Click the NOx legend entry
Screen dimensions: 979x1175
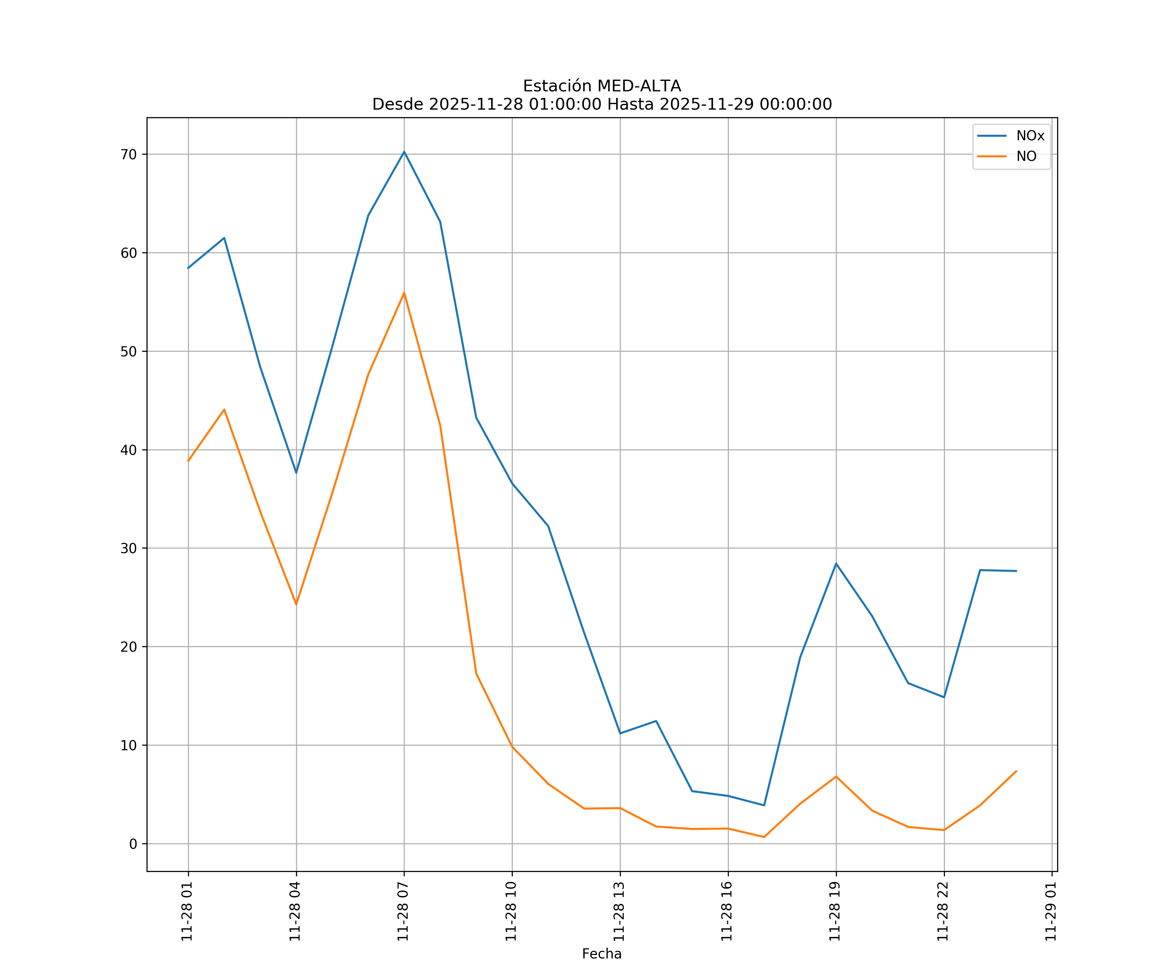1029,136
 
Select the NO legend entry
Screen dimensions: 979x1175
1026,157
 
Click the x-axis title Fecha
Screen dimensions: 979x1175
602,954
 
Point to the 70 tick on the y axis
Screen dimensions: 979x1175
129,154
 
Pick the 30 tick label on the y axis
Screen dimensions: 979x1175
129,548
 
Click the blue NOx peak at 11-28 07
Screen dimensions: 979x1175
404,152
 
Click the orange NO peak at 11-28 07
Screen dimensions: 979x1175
404,293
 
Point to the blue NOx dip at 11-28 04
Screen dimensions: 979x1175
296,473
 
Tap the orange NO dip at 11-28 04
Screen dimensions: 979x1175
296,604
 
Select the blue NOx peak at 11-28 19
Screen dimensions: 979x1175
836,563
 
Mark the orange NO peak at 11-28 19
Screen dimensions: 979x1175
836,776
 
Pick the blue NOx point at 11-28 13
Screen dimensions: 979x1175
620,733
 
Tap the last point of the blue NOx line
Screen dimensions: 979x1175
1016,571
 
